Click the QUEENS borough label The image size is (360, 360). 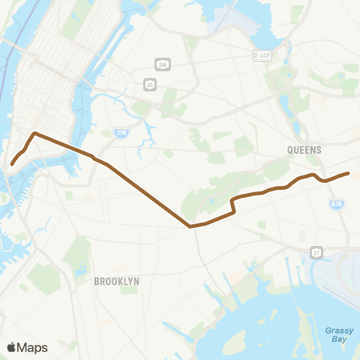304,150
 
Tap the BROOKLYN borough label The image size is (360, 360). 117,280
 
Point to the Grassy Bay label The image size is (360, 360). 340,334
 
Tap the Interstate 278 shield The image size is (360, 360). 121,133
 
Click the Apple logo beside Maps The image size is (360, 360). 11,347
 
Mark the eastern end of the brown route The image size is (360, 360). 348,173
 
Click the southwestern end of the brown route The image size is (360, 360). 12,163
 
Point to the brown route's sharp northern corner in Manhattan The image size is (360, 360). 34,133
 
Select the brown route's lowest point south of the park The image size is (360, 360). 191,225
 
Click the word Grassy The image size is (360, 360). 340,329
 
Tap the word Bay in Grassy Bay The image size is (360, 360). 340,339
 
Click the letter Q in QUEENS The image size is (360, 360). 289,150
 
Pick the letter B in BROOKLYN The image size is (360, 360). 97,280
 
